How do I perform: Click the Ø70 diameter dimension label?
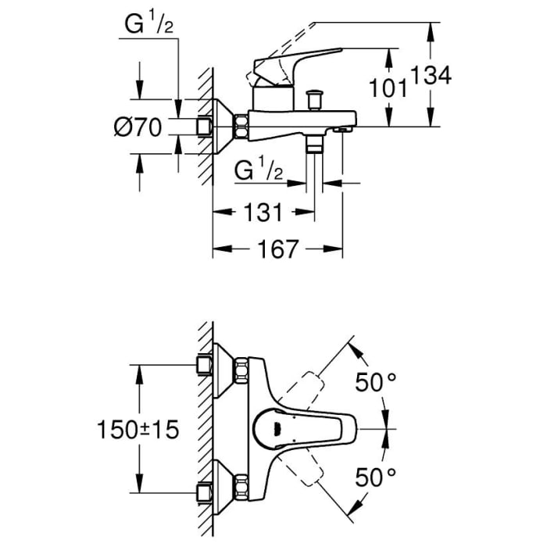(138, 127)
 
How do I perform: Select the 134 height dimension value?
(431, 76)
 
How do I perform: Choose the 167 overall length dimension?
(278, 249)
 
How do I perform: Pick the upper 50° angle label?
(376, 383)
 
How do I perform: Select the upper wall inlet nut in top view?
(206, 366)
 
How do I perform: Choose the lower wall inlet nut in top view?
(206, 492)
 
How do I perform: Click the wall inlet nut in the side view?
(206, 126)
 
